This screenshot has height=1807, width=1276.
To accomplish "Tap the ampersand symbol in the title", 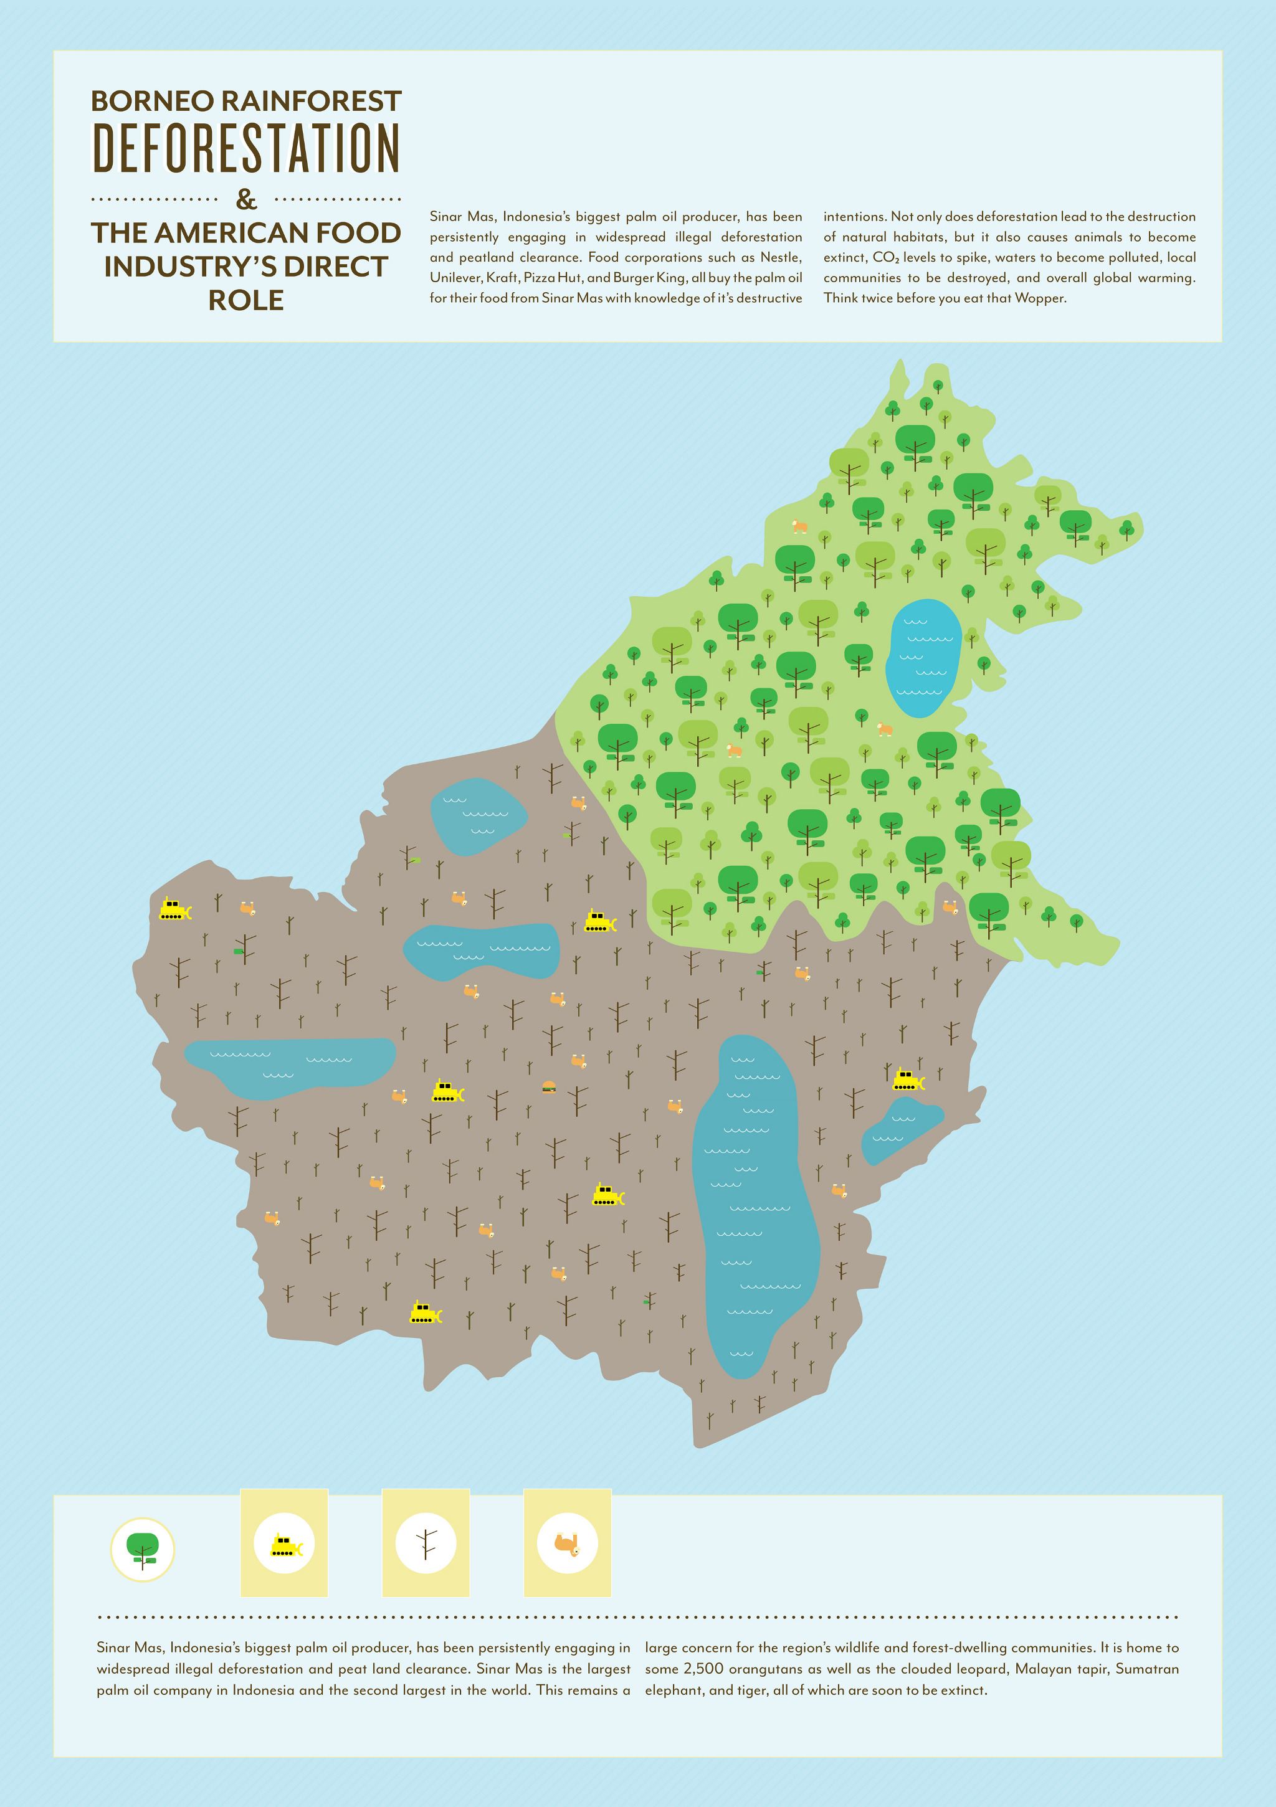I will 246,199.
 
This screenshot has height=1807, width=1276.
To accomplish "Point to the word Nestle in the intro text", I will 779,257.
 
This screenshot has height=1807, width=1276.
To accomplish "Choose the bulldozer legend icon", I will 284,1544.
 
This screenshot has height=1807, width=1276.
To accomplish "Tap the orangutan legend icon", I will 568,1544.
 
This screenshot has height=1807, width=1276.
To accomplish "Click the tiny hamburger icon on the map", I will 549,1088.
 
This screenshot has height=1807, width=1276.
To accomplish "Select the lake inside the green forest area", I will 923,658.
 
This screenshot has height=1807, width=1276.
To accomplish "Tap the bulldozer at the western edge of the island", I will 174,910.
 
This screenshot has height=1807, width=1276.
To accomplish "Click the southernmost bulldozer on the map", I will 425,1313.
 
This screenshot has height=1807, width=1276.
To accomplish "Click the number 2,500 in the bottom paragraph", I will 703,1669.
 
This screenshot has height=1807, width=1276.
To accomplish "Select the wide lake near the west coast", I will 289,1066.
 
